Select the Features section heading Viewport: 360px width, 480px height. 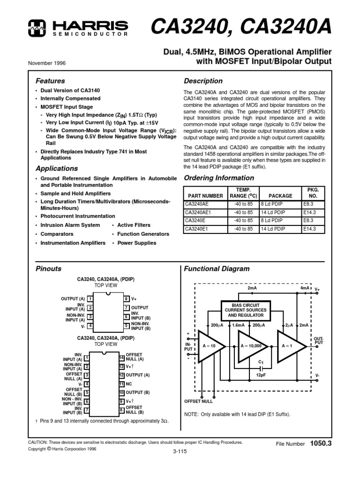pyautogui.click(x=50, y=81)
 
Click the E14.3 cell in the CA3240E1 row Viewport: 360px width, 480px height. pyautogui.click(x=309, y=229)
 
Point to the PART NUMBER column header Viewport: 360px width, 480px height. pyautogui.click(x=205, y=196)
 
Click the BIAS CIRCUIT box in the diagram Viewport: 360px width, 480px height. pyautogui.click(x=246, y=310)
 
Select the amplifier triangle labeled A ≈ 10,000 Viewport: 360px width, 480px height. pyautogui.click(x=253, y=346)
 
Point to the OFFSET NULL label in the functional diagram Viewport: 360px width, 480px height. pyautogui.click(x=198, y=401)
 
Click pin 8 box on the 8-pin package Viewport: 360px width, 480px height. pyautogui.click(x=127, y=299)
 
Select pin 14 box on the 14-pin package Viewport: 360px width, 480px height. pyautogui.click(x=121, y=357)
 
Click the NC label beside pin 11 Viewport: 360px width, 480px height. pyautogui.click(x=129, y=383)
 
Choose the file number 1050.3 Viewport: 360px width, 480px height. pyautogui.click(x=321, y=443)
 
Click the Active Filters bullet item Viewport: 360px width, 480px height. pyautogui.click(x=134, y=225)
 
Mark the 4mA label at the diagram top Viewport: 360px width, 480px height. pyautogui.click(x=305, y=288)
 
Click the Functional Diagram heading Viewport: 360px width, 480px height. pyautogui.click(x=217, y=269)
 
